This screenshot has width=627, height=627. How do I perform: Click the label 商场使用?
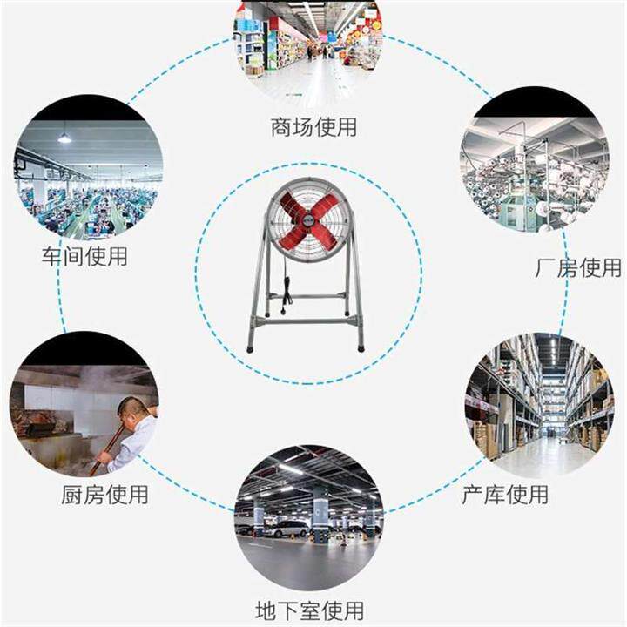click(x=313, y=128)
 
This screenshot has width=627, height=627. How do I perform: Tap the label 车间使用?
click(x=84, y=257)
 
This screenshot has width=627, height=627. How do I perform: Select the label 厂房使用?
click(x=577, y=267)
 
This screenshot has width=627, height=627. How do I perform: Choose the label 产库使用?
click(x=505, y=496)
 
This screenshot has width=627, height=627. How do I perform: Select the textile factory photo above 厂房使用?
click(x=533, y=173)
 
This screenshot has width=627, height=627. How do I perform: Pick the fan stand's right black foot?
click(x=360, y=347)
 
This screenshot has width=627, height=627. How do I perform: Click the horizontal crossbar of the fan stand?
click(x=306, y=320)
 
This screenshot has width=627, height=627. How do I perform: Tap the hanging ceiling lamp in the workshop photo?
click(x=64, y=138)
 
